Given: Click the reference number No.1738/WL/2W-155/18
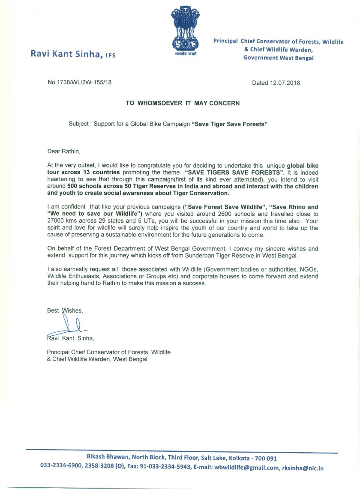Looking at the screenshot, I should click(x=80, y=83).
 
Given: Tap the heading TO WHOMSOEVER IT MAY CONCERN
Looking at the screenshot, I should click(x=183, y=103).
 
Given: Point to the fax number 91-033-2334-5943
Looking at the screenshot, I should click(x=164, y=468).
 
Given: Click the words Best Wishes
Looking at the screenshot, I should click(x=64, y=311).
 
